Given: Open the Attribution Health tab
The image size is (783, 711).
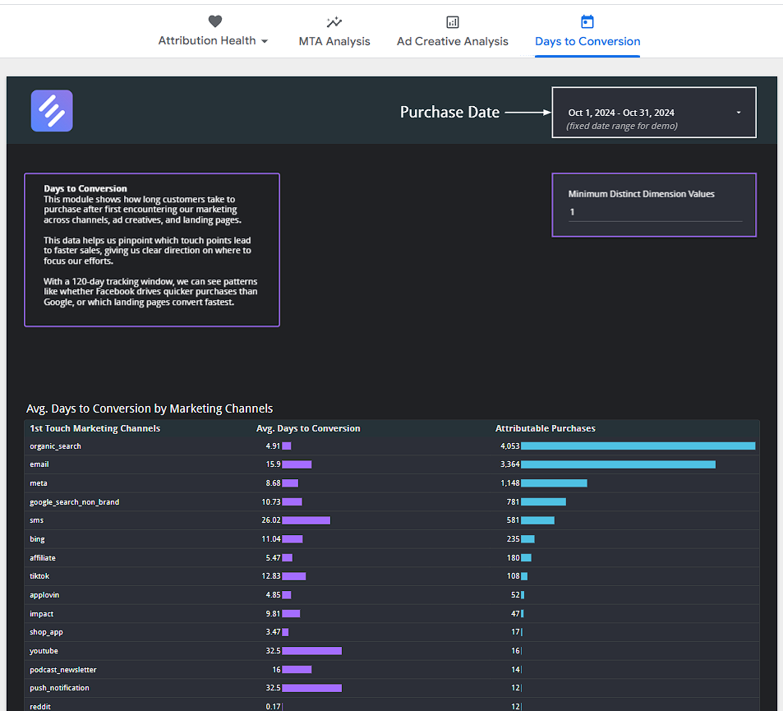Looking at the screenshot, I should (213, 41).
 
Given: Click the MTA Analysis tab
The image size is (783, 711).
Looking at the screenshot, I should (334, 41).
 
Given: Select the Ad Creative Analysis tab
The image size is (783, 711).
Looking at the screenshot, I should (452, 41).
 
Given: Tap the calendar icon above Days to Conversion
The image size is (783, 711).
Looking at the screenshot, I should (587, 22).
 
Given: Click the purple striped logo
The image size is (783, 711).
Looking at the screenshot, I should (52, 111).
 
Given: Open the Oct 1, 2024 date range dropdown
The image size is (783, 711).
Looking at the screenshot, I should (654, 113).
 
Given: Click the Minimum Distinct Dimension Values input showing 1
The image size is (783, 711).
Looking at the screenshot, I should (655, 212).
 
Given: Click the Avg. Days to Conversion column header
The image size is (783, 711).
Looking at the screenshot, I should (308, 428).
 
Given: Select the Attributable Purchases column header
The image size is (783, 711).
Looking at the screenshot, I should (545, 428).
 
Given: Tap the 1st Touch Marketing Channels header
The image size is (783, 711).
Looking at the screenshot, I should (94, 428).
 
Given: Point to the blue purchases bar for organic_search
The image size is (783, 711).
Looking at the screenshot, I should (638, 446).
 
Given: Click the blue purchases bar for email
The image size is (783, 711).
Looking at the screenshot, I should (618, 464).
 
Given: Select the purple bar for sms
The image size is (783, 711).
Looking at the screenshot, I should (306, 520).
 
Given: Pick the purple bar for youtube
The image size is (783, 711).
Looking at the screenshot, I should (311, 651).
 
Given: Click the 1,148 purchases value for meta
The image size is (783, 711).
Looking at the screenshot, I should (510, 483).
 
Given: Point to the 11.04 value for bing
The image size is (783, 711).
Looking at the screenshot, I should (271, 539).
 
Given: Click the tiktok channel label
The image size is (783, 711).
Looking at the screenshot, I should (39, 576).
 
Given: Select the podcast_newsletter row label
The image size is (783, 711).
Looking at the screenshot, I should (62, 670).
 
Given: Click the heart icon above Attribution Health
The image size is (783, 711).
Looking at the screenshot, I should (214, 22).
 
